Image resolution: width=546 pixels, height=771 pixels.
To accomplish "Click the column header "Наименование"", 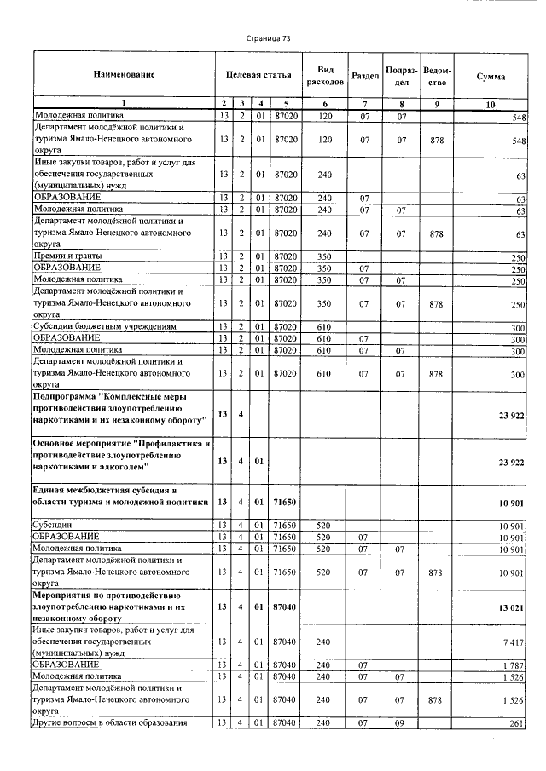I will click(124, 76).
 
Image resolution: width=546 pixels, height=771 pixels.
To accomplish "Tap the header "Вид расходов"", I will click(324, 76).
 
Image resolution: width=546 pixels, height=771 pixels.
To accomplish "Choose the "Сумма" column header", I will click(491, 77).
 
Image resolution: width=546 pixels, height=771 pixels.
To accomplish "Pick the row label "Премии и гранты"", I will click(67, 256).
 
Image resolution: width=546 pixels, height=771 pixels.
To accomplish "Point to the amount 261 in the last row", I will click(517, 722).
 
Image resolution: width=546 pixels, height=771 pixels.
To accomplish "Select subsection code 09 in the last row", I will click(401, 722).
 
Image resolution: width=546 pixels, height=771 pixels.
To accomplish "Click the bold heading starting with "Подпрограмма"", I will click(119, 408).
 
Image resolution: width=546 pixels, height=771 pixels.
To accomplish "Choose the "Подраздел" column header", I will click(401, 76).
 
